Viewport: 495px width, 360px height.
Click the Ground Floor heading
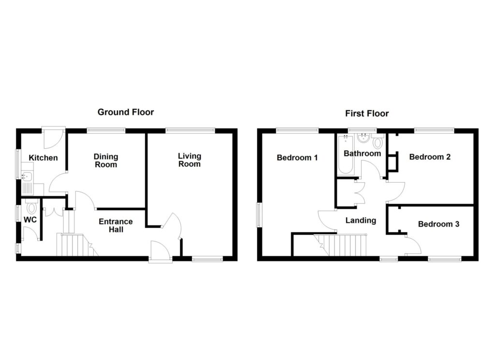pos(126,112)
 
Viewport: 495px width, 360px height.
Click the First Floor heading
pos(366,114)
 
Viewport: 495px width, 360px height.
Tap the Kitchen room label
pos(43,158)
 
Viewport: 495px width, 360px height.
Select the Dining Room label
pos(106,160)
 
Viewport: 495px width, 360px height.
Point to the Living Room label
pos(189,160)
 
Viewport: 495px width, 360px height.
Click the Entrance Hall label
pos(116,225)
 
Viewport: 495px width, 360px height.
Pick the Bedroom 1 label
pos(297,158)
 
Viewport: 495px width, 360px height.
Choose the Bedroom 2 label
pos(430,157)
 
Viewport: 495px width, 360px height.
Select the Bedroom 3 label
pos(438,224)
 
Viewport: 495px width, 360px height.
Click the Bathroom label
pos(362,154)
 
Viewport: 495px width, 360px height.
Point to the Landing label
pos(361,220)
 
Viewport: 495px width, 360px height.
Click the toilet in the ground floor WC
pos(32,207)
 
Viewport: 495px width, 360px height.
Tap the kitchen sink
pos(27,177)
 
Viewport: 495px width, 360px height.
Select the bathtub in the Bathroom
pos(345,156)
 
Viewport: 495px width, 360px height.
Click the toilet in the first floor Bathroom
pos(378,142)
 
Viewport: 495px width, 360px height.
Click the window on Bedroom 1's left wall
pos(259,214)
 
